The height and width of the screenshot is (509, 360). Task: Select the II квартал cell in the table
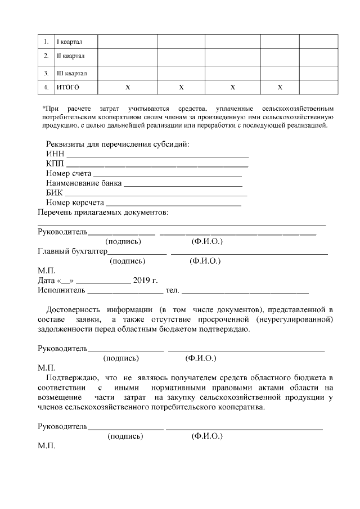click(x=71, y=56)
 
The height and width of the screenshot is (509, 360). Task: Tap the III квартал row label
click(x=72, y=73)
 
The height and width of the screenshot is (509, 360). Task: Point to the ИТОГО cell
click(x=68, y=87)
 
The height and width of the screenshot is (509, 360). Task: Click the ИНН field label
click(x=55, y=154)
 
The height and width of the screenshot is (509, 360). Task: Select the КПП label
click(x=56, y=164)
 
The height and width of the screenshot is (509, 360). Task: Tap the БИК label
click(x=55, y=193)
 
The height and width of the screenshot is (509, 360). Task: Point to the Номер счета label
click(x=69, y=173)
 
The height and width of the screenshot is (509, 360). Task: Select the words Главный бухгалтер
click(x=72, y=251)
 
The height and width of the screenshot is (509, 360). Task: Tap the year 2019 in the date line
click(x=141, y=281)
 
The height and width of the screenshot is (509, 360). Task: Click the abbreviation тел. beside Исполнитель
click(x=172, y=290)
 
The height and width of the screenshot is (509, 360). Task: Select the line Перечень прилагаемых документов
click(x=102, y=213)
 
